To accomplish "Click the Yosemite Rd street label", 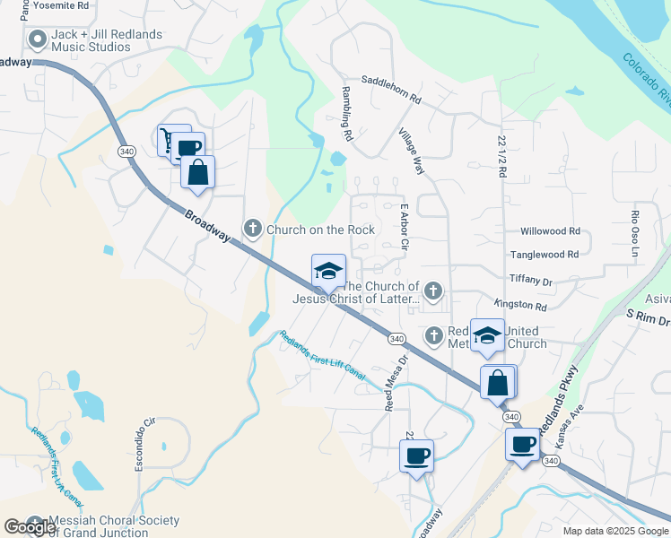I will pos(58,4).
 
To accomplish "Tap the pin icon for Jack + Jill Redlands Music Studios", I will pos(38,39).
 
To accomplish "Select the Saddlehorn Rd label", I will pos(391,88).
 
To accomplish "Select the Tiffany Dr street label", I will pos(531,280).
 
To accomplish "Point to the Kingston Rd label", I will pos(520,305).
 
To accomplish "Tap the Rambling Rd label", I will pos(346,114).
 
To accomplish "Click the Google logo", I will pos(30,527).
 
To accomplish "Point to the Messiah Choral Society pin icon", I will pos(35,522).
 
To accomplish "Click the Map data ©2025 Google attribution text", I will pos(614,531).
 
